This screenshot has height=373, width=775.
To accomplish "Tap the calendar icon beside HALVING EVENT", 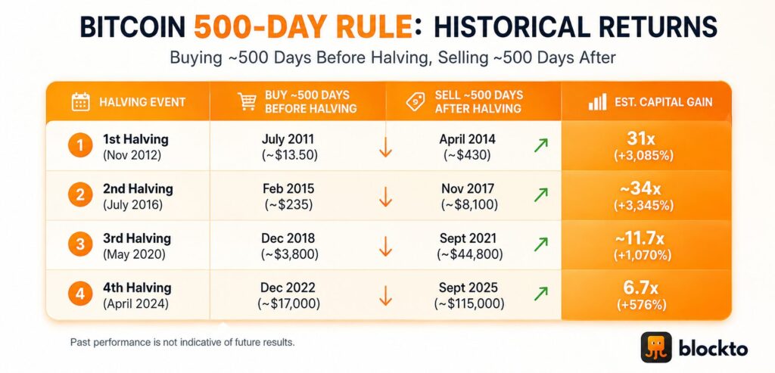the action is [x=80, y=101].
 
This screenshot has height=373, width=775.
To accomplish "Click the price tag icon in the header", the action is [x=416, y=101].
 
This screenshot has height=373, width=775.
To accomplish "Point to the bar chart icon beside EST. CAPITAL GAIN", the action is [x=598, y=102].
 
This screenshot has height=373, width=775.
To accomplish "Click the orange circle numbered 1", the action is [x=80, y=146].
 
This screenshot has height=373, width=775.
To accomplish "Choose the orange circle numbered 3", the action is [x=80, y=245].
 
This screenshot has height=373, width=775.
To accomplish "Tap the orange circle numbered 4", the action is [x=80, y=295].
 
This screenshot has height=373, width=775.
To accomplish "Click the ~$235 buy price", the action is [x=288, y=204].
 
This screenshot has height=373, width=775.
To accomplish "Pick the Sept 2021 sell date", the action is [x=468, y=238].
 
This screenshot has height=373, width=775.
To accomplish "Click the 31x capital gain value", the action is [x=643, y=138].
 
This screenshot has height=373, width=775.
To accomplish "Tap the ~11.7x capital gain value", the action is [x=643, y=238].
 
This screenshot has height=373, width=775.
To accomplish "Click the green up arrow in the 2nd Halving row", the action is [x=540, y=194].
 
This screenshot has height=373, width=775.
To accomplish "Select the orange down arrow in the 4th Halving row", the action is [x=385, y=294].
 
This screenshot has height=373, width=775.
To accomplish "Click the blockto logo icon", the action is [x=656, y=347].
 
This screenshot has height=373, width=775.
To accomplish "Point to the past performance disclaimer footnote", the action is [x=182, y=342].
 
